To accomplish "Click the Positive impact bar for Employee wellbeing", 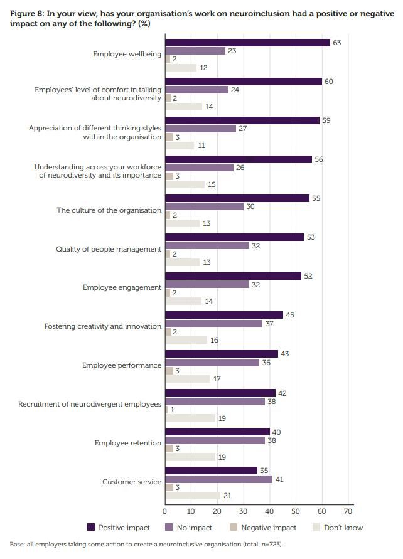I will click(x=247, y=43).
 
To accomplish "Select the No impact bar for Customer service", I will click(x=218, y=479).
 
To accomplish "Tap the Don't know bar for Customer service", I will click(x=192, y=496).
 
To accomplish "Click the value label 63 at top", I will click(x=336, y=43).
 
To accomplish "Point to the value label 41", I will click(x=280, y=479).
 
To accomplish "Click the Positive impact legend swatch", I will click(x=91, y=528).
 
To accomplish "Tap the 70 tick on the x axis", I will click(x=348, y=511).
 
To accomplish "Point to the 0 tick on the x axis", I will click(x=165, y=511).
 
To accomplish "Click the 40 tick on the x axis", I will click(x=269, y=511).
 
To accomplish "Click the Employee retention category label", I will click(x=128, y=443).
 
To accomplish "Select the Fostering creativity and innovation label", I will click(x=103, y=326).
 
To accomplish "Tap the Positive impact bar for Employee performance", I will click(x=221, y=354).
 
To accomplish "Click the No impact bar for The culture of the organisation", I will click(x=204, y=206).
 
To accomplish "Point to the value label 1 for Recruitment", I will click(x=173, y=410).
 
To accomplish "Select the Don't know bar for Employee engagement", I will click(x=183, y=301).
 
